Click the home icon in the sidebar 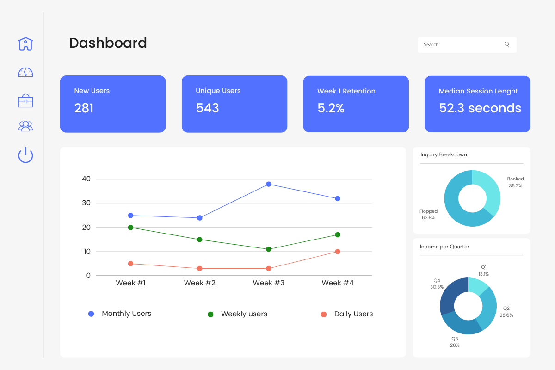point(25,44)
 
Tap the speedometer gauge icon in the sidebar point(25,73)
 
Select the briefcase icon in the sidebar point(25,101)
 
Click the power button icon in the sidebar point(25,155)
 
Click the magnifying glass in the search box point(507,45)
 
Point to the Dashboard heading point(108,43)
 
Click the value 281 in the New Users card point(84,108)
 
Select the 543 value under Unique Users point(207,108)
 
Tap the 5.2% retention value point(331,108)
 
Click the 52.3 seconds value point(480,108)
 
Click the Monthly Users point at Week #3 point(269,184)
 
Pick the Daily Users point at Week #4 point(338,252)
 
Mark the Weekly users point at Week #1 point(131,228)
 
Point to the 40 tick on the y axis point(86,179)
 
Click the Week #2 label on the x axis point(199,283)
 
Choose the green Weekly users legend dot point(210,314)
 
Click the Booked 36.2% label point(515,182)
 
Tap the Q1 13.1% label point(484,271)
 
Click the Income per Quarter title point(444,247)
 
